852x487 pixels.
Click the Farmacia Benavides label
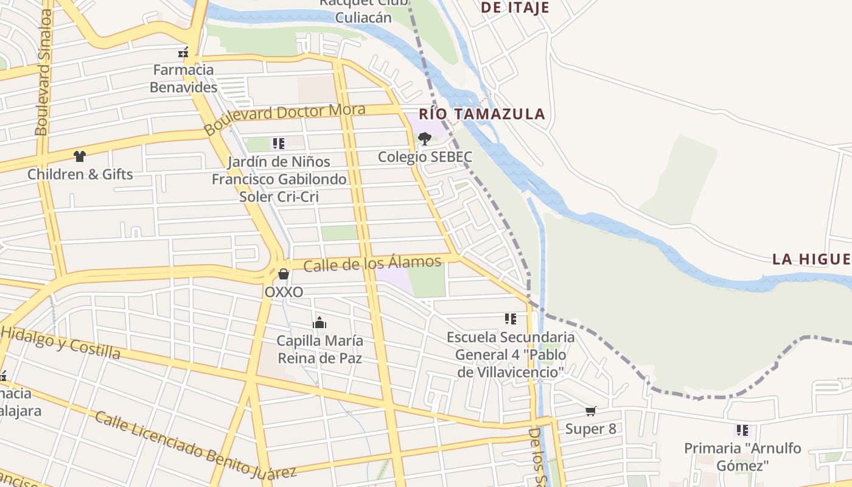(183, 79)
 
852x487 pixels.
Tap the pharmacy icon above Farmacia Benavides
(181, 52)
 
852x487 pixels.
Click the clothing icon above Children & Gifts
(79, 156)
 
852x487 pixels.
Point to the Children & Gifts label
(80, 175)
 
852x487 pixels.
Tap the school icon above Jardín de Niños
(279, 144)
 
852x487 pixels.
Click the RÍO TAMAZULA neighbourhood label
(481, 114)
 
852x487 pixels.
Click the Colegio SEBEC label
(425, 157)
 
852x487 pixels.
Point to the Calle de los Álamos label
(372, 264)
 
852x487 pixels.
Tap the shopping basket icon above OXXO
(284, 275)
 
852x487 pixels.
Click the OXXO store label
(284, 292)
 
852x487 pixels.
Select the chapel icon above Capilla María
(319, 323)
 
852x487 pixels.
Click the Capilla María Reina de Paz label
(319, 349)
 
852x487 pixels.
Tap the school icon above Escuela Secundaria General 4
(510, 318)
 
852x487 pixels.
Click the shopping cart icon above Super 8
(590, 412)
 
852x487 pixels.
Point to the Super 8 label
(590, 429)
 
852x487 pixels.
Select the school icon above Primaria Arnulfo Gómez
(742, 430)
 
